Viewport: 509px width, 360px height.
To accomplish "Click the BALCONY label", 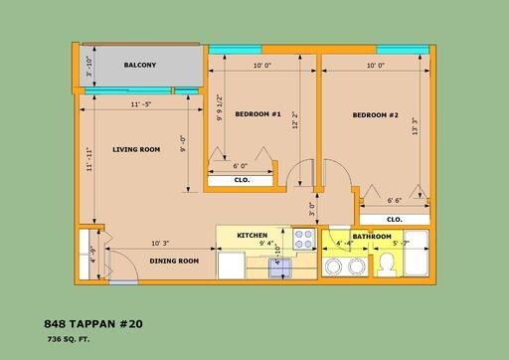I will pos(140,66).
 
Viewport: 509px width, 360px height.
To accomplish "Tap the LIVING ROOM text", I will pos(136,150).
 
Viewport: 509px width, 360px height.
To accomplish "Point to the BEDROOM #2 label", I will pos(375,115).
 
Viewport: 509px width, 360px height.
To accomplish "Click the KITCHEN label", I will pos(253,235).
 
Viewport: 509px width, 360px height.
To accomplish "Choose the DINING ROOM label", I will pos(174,261).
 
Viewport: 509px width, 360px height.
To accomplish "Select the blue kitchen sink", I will pos(281,266).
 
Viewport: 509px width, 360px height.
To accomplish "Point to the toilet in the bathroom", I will pos(386,264).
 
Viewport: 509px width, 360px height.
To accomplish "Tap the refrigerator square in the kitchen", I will pos(232,265).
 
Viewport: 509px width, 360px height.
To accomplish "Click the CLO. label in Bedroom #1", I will pos(241,181).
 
